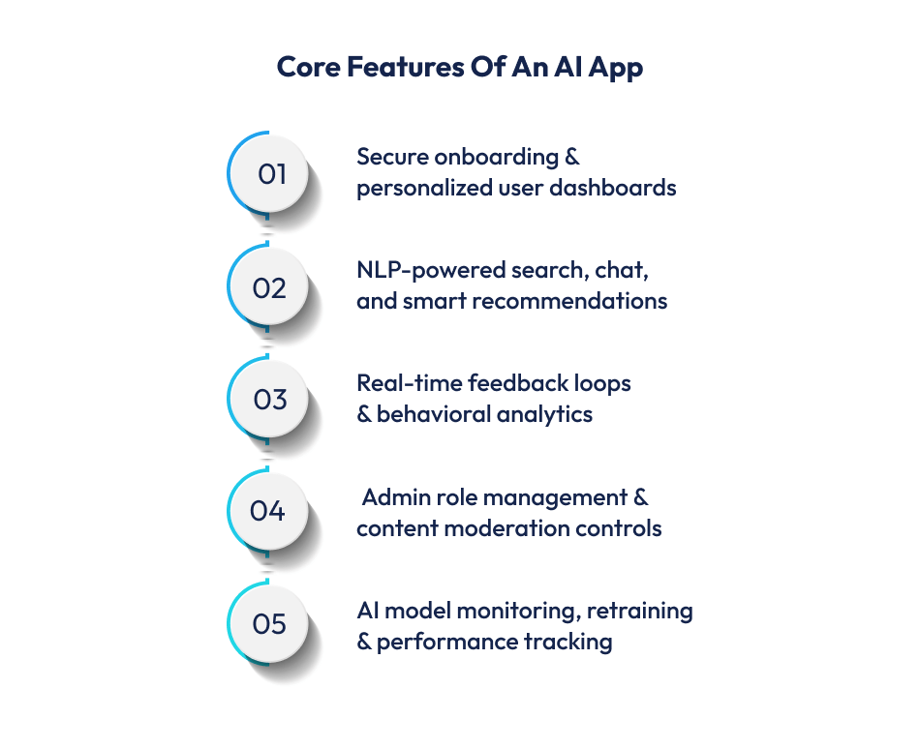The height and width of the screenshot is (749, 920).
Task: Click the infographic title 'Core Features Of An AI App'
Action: pyautogui.click(x=459, y=67)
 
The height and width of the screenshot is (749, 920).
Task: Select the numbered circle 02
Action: pyautogui.click(x=269, y=287)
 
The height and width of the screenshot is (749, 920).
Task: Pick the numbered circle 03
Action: pyautogui.click(x=269, y=400)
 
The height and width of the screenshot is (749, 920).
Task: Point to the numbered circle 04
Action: pyautogui.click(x=269, y=511)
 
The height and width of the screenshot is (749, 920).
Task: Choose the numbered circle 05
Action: pyautogui.click(x=269, y=624)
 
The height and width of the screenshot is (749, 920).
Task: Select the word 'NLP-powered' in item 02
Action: pyautogui.click(x=417, y=271)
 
